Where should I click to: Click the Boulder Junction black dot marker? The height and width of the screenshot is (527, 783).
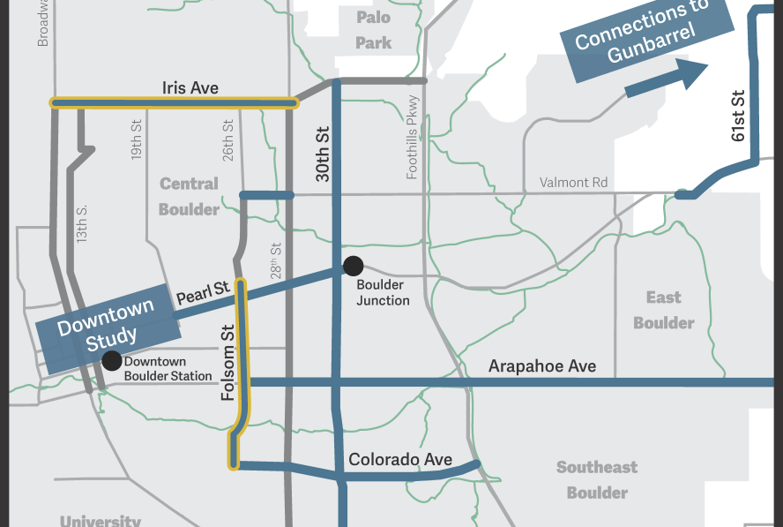(353, 265)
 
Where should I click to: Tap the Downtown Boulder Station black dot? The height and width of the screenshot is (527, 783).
(112, 360)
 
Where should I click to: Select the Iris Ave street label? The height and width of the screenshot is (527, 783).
(190, 88)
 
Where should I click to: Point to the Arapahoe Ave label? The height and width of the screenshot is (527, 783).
(542, 365)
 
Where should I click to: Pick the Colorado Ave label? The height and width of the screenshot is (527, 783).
(400, 459)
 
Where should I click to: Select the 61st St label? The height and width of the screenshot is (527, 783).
(739, 115)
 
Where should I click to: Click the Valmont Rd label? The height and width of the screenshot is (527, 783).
(574, 183)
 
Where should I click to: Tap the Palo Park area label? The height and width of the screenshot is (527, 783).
(373, 30)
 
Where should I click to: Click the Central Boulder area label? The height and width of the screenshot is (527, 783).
(189, 197)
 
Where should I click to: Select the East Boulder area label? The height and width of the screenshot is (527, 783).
(663, 310)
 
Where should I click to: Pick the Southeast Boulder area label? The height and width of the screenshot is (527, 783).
(597, 479)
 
